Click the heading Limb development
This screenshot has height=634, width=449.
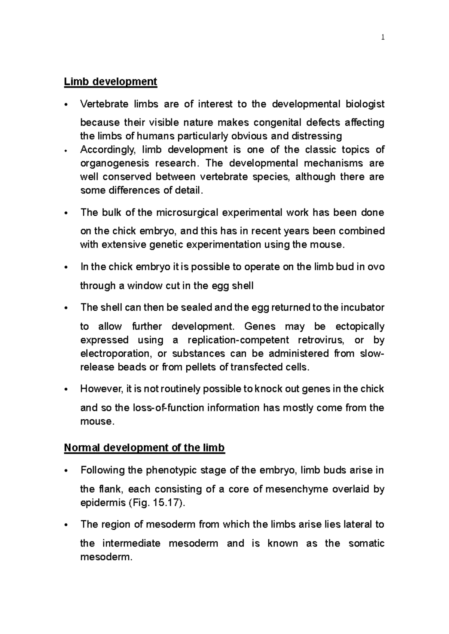(110, 81)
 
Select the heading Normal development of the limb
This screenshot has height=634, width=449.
(144, 447)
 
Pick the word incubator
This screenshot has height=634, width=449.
(361, 307)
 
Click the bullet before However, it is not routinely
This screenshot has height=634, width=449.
(66, 390)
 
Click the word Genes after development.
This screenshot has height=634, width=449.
(259, 326)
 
